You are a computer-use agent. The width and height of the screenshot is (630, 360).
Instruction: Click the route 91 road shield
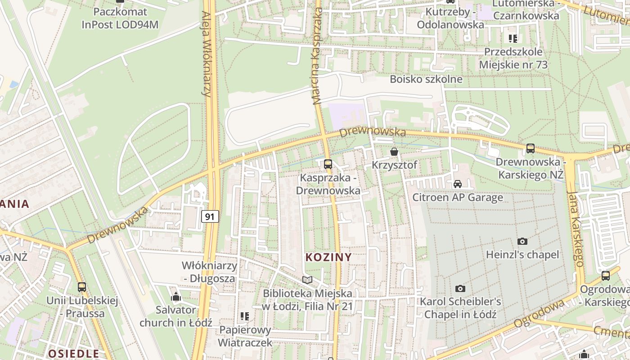click(210, 216)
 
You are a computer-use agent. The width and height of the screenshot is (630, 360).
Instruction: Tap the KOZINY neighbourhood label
click(328, 257)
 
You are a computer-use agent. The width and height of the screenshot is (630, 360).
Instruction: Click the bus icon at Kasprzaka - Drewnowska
click(328, 164)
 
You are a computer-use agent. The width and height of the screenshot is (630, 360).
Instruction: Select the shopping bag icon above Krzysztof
click(394, 152)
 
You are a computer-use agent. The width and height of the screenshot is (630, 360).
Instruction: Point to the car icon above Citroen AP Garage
click(458, 184)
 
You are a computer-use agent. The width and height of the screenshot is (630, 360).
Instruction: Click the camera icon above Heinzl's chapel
click(522, 241)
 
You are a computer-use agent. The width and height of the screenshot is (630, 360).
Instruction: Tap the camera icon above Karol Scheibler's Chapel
click(460, 288)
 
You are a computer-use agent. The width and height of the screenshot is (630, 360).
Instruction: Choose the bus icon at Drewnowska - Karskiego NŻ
click(531, 148)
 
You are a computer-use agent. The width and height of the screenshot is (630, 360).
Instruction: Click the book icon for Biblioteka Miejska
click(307, 280)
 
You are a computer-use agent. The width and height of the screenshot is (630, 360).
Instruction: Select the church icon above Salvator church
click(176, 297)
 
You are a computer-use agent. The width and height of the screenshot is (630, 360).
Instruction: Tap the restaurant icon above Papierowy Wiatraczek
click(245, 316)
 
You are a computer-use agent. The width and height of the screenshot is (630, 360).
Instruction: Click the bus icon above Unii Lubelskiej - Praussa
click(82, 287)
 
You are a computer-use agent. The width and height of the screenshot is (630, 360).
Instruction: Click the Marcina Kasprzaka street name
click(318, 56)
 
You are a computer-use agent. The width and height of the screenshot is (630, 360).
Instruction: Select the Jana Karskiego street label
click(575, 227)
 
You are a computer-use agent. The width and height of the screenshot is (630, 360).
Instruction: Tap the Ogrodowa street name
click(539, 314)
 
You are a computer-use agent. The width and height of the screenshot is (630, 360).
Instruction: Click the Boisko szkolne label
click(426, 79)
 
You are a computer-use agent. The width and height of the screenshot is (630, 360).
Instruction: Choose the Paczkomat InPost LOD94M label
click(120, 18)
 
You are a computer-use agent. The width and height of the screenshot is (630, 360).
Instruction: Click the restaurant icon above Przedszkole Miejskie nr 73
click(513, 39)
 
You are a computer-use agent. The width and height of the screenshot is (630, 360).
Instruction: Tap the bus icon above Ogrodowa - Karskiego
click(606, 275)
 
